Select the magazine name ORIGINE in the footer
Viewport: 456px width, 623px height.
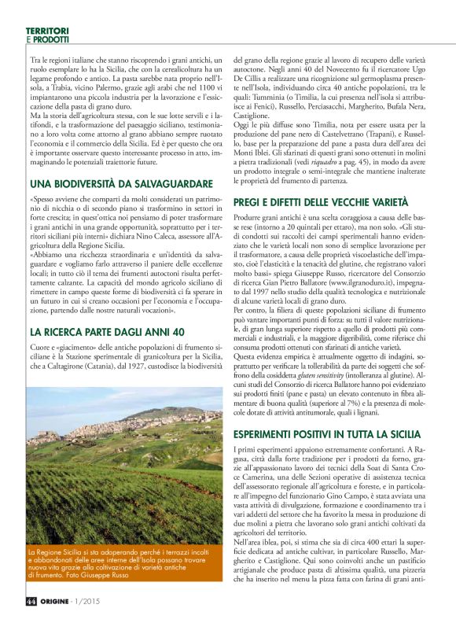click(x=61, y=603)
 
